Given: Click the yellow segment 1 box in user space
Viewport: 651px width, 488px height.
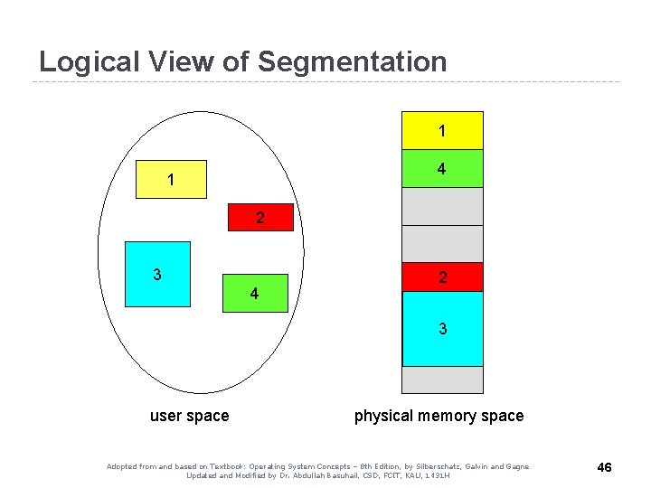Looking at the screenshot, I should tap(170, 180).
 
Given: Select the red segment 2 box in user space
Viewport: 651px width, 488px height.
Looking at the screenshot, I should tap(260, 218).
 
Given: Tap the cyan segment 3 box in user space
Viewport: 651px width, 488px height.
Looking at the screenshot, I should tap(157, 274).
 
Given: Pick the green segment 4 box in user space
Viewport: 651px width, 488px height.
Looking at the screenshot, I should tap(254, 293).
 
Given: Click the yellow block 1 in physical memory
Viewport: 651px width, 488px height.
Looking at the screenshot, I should tap(442, 130).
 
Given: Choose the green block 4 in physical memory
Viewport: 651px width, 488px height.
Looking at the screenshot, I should tap(442, 168).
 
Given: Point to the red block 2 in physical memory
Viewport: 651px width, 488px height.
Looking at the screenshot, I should tap(442, 277).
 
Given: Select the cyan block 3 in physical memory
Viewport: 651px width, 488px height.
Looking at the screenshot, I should tap(442, 329).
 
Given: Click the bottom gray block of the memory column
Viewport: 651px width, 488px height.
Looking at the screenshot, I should tap(442, 380).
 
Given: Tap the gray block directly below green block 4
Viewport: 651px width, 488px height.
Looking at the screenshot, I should tap(442, 206).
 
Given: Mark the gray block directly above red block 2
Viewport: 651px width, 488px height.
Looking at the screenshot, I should tap(442, 243).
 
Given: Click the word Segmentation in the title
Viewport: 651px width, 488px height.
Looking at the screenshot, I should tap(352, 62).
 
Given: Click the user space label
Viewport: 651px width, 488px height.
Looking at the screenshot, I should tap(189, 416).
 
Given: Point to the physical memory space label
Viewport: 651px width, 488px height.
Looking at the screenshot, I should tap(439, 416).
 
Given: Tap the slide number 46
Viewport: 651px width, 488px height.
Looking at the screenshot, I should tap(605, 467).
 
